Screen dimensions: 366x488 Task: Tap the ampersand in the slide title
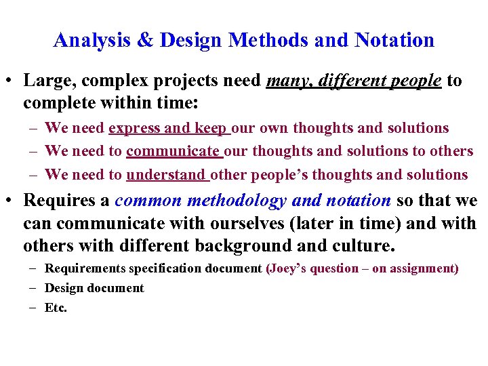click(x=147, y=41)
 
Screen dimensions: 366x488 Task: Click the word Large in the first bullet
click(x=47, y=81)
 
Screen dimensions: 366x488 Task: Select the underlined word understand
click(x=166, y=175)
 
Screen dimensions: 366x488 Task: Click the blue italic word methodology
click(x=230, y=201)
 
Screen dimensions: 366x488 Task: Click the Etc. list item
click(x=56, y=308)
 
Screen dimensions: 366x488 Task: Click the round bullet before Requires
click(x=11, y=201)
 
